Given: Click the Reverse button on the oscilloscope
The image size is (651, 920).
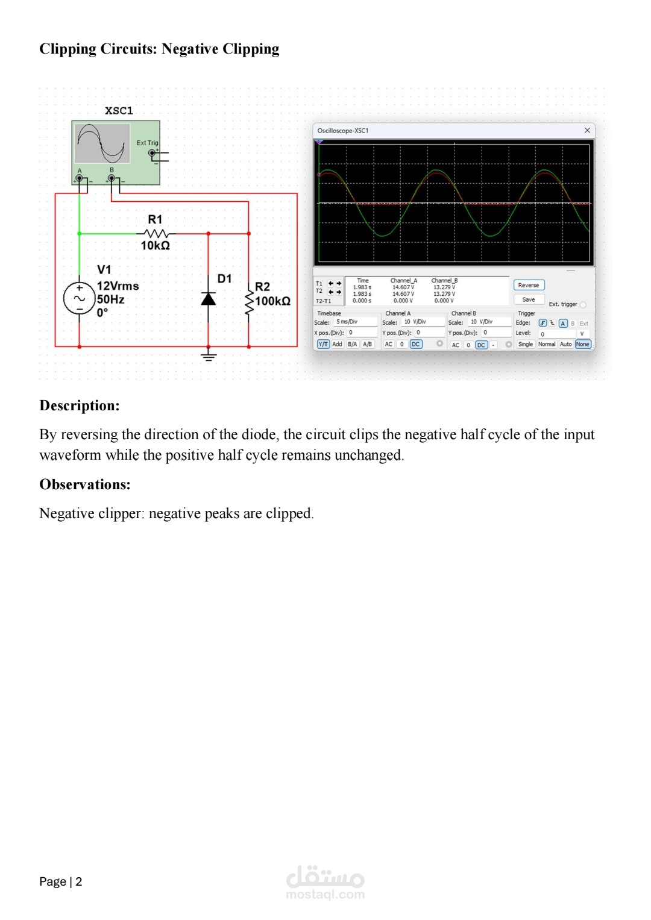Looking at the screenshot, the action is click(x=529, y=285).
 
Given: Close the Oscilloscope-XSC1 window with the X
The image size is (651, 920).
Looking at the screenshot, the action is click(x=587, y=130).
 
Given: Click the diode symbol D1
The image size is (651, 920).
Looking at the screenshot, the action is click(x=209, y=299).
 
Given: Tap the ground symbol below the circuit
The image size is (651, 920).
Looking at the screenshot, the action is click(x=209, y=355).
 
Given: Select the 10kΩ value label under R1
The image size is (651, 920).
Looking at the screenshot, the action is click(x=156, y=246).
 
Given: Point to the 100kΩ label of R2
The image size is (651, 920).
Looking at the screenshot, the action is click(x=272, y=301).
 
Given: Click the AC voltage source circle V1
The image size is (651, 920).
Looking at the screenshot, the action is click(x=80, y=299).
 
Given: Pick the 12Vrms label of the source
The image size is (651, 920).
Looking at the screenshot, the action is click(x=118, y=286).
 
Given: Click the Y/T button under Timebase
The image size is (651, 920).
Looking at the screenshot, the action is click(x=323, y=344).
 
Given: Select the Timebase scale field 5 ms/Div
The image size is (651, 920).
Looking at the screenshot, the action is click(x=356, y=322).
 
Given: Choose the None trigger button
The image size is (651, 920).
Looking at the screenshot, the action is click(x=582, y=344).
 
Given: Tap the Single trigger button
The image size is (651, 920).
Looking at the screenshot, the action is click(x=525, y=344).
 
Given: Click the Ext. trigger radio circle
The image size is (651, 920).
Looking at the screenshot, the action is click(x=583, y=304).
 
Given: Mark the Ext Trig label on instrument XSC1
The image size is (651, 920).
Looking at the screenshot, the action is click(x=147, y=143).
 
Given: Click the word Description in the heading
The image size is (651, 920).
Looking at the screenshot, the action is click(x=77, y=405).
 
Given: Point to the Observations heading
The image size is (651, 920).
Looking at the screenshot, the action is click(x=84, y=484).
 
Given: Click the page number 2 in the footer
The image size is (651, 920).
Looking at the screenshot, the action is click(x=78, y=881).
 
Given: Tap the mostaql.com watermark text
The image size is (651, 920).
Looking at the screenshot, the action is click(x=325, y=894).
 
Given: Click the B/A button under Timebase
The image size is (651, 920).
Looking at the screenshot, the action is click(x=352, y=344).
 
